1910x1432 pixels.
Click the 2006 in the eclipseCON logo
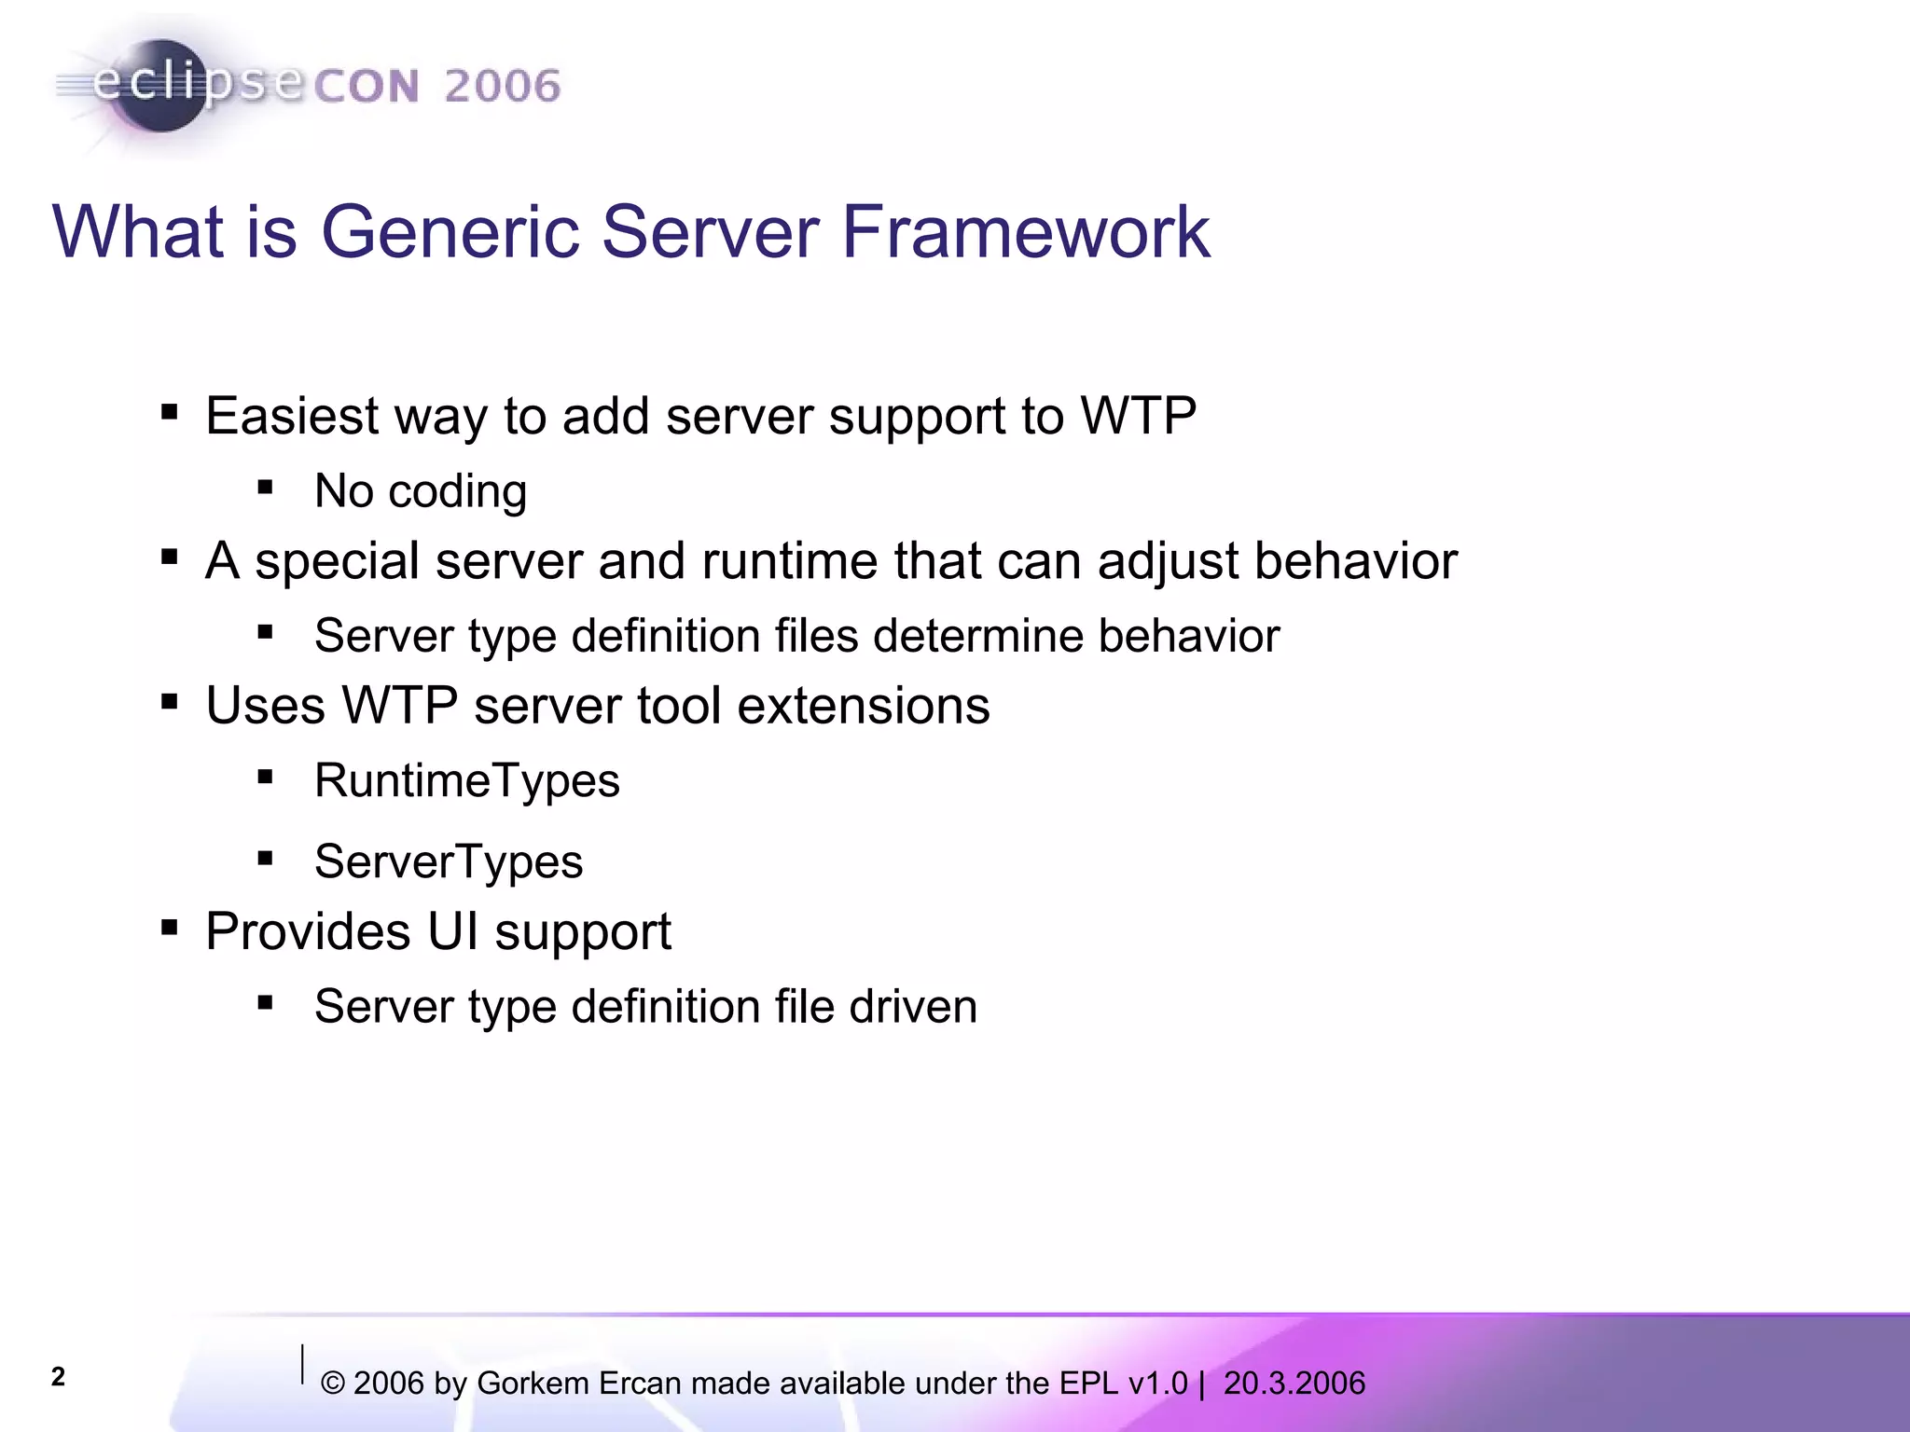coord(502,87)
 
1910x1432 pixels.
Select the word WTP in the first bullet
coord(1138,416)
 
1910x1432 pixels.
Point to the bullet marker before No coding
coord(266,487)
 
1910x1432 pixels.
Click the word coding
coord(458,492)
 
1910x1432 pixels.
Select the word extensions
coord(864,706)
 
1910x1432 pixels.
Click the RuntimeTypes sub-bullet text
coord(466,780)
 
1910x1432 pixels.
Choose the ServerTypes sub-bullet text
coord(448,861)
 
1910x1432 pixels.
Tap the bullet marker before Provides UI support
coord(169,928)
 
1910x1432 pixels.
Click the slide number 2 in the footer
coord(58,1377)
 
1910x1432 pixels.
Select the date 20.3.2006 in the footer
coord(1294,1384)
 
